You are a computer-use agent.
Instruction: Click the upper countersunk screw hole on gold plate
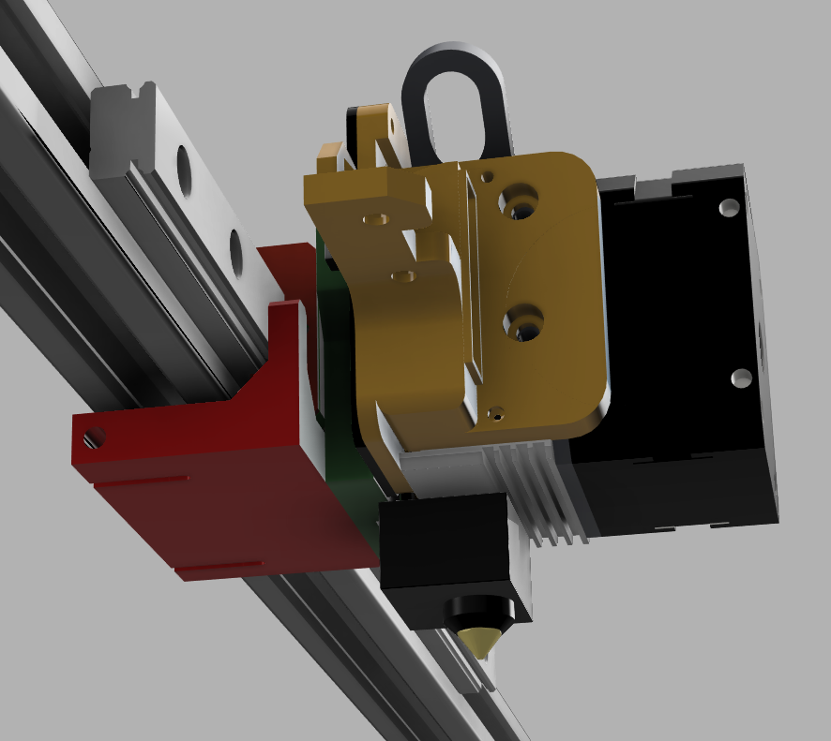coord(519,200)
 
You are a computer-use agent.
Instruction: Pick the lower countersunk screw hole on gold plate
coord(521,323)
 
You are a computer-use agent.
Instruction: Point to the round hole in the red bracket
coord(94,437)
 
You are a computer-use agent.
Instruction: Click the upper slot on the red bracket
coord(141,482)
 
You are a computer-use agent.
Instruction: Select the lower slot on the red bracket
coord(218,566)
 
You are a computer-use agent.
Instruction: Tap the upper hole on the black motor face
coord(725,206)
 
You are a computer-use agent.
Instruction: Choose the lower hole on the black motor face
coord(741,378)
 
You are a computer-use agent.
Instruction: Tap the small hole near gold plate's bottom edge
coord(498,410)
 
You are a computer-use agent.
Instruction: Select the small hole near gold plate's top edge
coord(486,175)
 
